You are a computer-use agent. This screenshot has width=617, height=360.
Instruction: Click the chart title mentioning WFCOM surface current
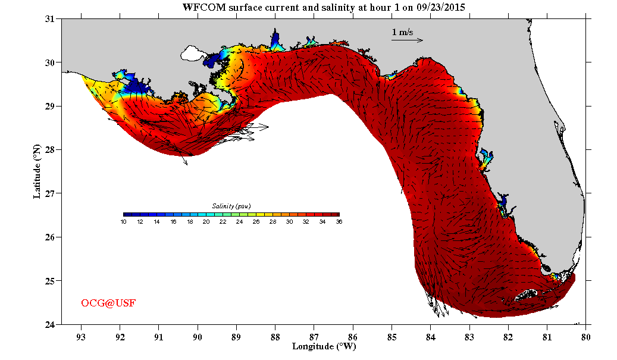tap(324, 8)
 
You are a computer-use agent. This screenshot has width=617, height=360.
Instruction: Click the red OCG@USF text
tap(108, 303)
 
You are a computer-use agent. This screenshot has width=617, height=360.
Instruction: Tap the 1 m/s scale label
tap(402, 32)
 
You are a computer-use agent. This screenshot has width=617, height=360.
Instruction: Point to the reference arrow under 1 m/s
tap(407, 40)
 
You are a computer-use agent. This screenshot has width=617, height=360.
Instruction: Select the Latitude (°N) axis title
tap(37, 171)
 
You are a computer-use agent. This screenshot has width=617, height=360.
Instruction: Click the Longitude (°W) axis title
tap(324, 346)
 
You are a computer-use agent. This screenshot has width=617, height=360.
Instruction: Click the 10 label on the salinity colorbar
tap(123, 221)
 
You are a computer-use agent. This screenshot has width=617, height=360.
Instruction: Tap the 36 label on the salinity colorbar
tap(339, 221)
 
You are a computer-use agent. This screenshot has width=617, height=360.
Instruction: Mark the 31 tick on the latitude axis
tap(50, 19)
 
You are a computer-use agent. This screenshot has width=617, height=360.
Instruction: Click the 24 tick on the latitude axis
tap(50, 324)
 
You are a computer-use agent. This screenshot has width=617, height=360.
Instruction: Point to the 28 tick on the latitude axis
tap(50, 150)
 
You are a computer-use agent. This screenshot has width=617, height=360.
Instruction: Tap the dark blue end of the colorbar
tap(127, 214)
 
